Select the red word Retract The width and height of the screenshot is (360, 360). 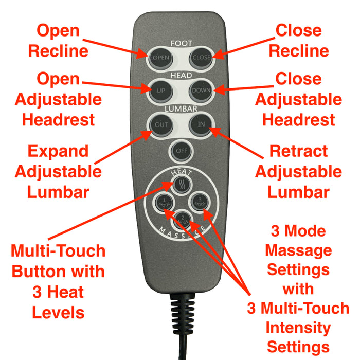(298, 152)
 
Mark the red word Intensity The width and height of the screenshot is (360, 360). (299, 327)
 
